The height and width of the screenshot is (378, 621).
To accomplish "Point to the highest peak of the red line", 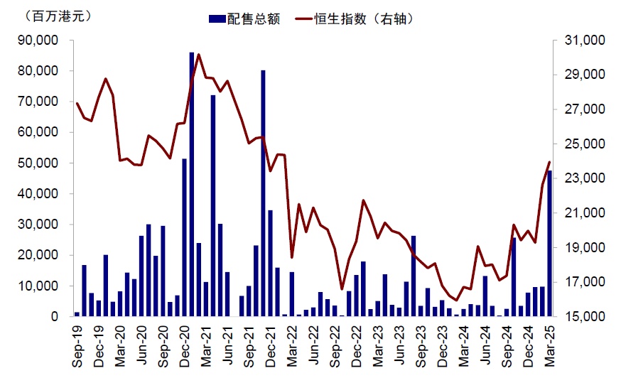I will tap(198, 54).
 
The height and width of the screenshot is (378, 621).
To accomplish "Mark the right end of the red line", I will tap(549, 162).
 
